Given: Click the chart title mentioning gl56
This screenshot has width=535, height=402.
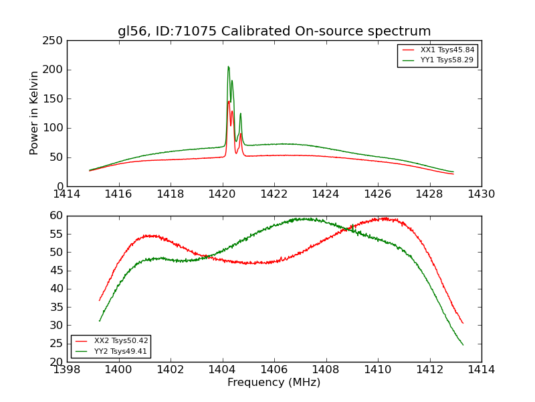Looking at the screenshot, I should (274, 31).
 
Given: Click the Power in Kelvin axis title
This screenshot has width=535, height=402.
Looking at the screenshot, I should (35, 113).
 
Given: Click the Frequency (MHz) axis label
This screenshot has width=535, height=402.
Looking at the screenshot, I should (274, 383).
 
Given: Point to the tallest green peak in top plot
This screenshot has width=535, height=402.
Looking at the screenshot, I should (228, 67).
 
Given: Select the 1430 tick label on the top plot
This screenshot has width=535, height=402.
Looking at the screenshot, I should (481, 194).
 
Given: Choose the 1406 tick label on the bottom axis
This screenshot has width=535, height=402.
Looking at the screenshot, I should (274, 369).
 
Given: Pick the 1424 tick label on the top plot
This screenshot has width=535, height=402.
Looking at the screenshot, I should (326, 194).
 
